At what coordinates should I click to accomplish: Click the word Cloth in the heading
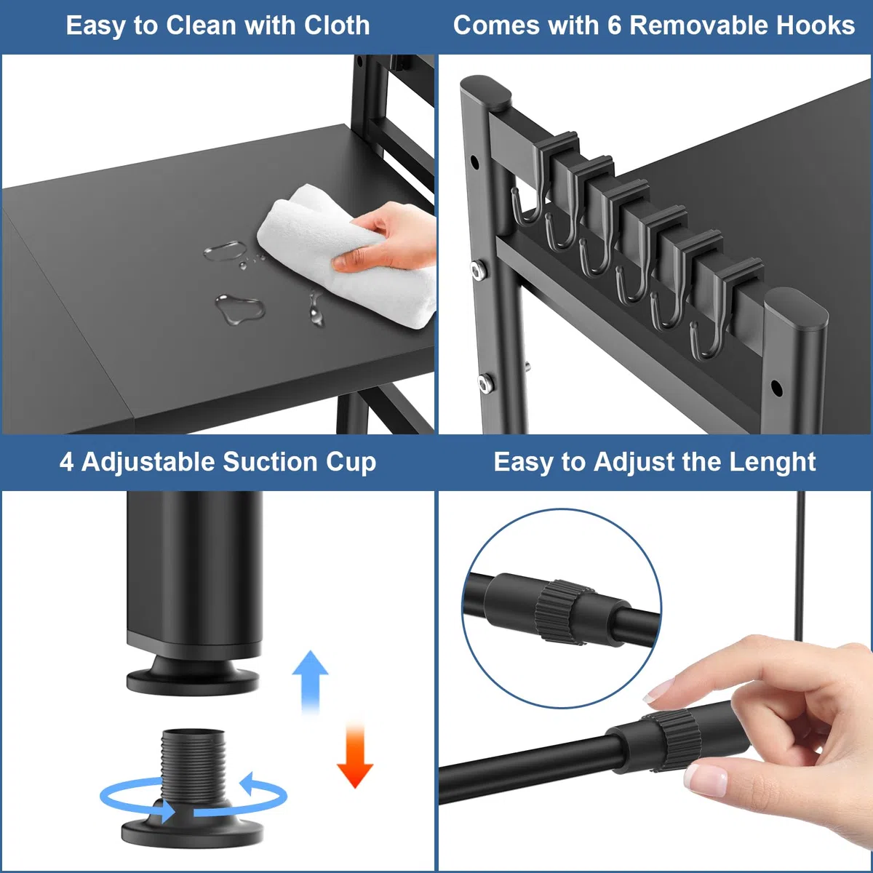click(x=337, y=25)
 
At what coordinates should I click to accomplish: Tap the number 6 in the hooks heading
click(x=614, y=25)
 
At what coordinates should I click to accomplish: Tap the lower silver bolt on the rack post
click(x=486, y=383)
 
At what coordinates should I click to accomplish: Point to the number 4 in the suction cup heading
click(x=66, y=462)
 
